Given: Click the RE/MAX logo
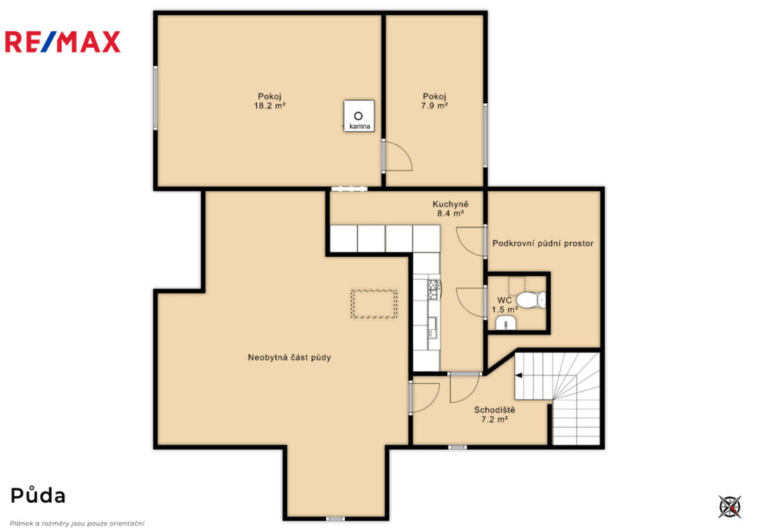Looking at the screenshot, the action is (62, 42).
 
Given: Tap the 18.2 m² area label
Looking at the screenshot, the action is (270, 106).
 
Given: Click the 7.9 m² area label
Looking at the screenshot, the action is (434, 106).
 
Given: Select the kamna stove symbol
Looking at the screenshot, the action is (359, 116).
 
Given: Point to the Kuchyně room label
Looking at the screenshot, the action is (450, 204).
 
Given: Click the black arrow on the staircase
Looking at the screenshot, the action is (519, 375).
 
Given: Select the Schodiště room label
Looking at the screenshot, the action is (494, 410).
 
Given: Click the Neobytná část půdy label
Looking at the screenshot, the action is (289, 358).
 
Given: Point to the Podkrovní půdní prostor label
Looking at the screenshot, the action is (543, 244).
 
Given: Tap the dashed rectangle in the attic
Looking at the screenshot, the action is (374, 304).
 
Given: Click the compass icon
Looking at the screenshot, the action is (729, 507).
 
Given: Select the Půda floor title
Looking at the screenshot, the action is (38, 495).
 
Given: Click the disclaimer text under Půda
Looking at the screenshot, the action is (77, 523).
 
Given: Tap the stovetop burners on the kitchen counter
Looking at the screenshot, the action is (433, 289).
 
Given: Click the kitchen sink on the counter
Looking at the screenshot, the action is (432, 327).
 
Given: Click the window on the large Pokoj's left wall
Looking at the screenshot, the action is (155, 98).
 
